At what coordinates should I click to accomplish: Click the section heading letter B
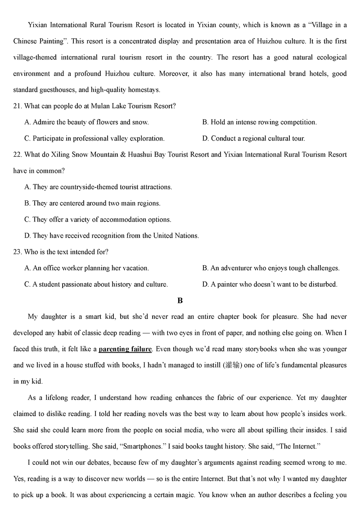tap(180, 300)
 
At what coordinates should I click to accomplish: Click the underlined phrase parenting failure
tap(125, 349)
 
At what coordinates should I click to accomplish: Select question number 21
tap(18, 106)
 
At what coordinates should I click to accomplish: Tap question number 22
tap(18, 154)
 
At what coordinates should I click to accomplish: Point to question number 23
tap(18, 252)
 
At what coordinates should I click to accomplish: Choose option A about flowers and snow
tap(86, 122)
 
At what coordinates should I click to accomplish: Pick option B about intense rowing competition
tap(260, 122)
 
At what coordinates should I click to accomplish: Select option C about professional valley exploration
tap(94, 138)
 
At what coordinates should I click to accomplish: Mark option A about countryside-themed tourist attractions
tap(98, 187)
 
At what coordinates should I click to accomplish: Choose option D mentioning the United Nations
tap(112, 236)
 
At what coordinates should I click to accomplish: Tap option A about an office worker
tap(86, 268)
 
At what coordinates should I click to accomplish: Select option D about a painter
tap(270, 284)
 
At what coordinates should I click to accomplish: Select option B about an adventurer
tap(271, 268)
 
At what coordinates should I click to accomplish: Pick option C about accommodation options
tap(98, 219)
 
